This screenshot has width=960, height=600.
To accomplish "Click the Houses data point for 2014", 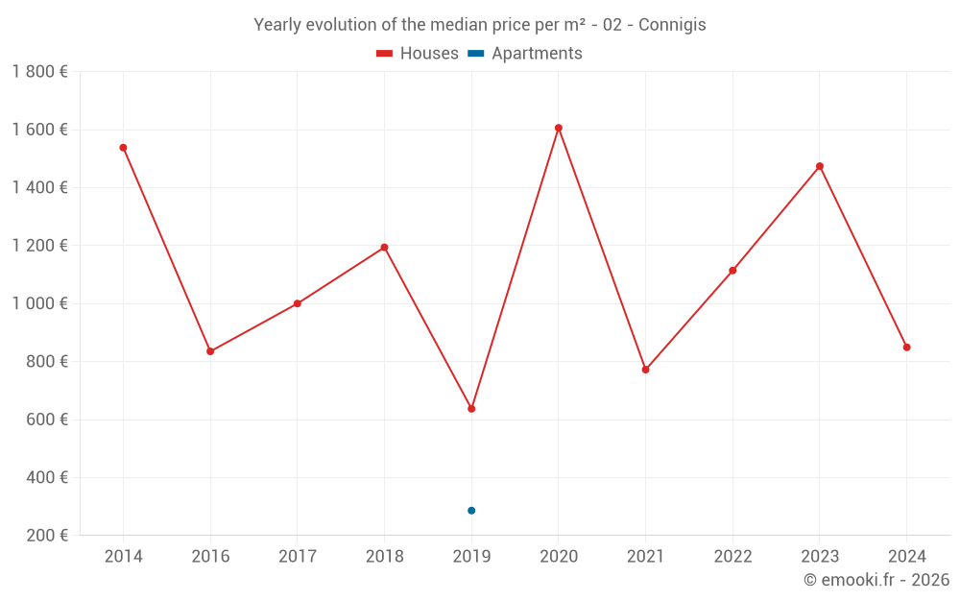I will [x=123, y=148].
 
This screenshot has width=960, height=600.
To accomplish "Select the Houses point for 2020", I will [x=559, y=128].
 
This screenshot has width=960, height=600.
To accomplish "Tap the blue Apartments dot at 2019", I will [x=471, y=511].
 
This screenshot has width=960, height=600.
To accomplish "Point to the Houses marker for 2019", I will [x=471, y=409].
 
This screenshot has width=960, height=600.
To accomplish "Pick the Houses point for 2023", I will [x=820, y=166].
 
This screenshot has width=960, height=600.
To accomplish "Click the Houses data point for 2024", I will [x=907, y=348].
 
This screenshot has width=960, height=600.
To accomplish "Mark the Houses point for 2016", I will [x=210, y=351].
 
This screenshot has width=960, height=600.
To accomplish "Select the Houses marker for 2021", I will [x=646, y=370].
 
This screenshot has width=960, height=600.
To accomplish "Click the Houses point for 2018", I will [x=385, y=248].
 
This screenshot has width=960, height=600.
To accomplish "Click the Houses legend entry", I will [x=418, y=54].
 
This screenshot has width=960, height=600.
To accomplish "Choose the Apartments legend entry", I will [x=526, y=54].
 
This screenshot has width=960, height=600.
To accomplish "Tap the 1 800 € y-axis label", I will [x=39, y=72].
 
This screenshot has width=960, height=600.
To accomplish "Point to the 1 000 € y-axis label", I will [x=39, y=303].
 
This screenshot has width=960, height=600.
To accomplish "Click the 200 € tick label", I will [x=47, y=536].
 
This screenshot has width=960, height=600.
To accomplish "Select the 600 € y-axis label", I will [x=47, y=420].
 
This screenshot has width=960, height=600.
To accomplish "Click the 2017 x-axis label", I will [x=298, y=557].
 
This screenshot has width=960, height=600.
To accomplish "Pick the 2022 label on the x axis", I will [x=732, y=557].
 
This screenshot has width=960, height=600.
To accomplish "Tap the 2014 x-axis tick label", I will [x=123, y=557].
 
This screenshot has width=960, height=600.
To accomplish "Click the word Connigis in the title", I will [x=672, y=25].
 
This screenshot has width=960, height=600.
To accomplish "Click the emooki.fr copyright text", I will [x=876, y=580].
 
